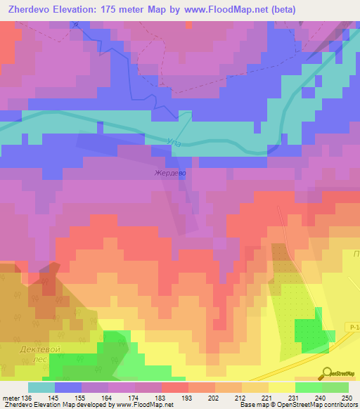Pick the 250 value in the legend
point(347,397)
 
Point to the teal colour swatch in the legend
point(41,387)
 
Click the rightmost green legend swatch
point(335,387)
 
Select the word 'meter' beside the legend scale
point(10,397)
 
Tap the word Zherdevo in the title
point(31,10)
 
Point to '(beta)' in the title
point(280,10)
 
